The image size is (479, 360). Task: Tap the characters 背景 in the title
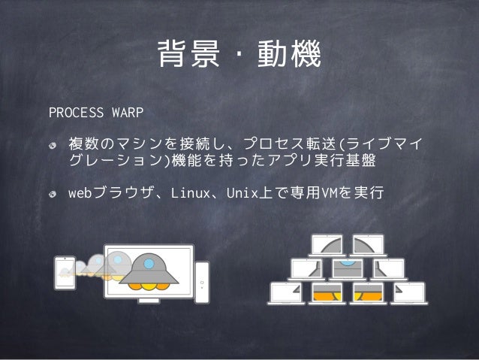pos(185,55)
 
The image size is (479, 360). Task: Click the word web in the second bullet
pos(79,195)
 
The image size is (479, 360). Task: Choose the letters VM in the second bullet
pos(327,195)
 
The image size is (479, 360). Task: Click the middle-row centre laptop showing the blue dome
pos(347,268)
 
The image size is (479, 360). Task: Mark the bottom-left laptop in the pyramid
pos(285,293)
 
